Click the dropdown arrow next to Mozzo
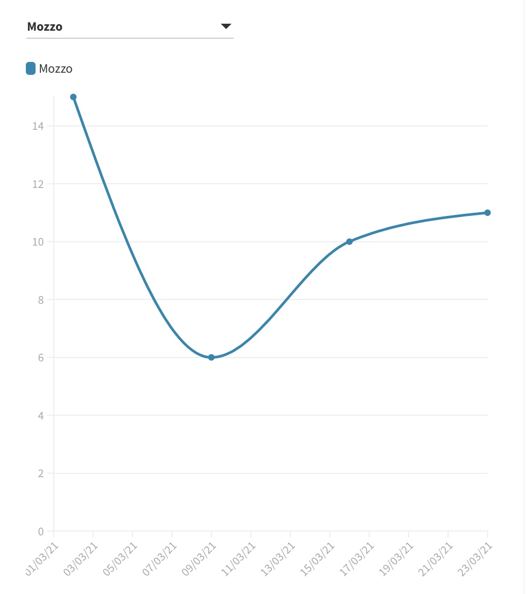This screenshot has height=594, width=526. click(226, 26)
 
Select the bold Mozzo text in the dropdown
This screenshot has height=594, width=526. click(45, 26)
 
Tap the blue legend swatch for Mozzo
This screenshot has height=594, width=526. click(31, 68)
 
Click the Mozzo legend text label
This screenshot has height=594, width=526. click(55, 69)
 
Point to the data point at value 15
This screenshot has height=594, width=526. click(73, 97)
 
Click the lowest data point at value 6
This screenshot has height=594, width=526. click(211, 358)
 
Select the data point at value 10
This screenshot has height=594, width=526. click(349, 241)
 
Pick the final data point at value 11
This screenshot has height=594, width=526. click(487, 213)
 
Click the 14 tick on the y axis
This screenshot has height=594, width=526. click(37, 126)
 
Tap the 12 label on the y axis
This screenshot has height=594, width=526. click(37, 184)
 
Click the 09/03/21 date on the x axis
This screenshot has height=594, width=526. click(199, 558)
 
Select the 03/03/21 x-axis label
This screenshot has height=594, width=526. click(81, 558)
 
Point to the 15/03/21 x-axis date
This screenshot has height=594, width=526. click(318, 558)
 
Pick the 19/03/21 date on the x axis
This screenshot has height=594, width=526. click(397, 558)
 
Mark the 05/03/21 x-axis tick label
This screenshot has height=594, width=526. click(121, 558)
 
